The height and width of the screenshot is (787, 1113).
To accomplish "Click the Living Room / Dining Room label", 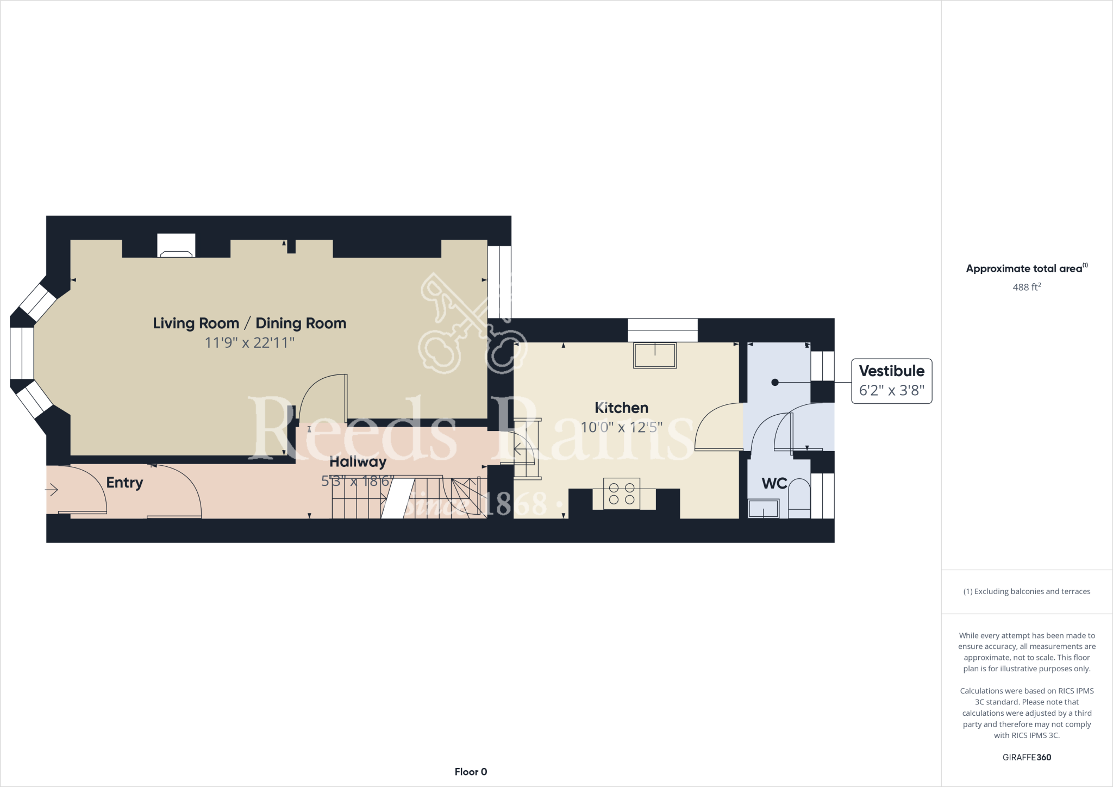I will click(x=249, y=323).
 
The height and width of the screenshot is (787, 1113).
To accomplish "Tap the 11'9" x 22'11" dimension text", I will click(x=249, y=343).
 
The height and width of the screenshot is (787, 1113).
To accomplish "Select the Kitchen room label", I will click(x=621, y=408).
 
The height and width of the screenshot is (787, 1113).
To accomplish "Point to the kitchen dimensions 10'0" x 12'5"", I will click(x=621, y=427).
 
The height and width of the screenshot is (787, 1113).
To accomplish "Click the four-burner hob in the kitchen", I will click(x=622, y=494).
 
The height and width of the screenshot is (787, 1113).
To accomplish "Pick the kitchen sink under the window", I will click(x=655, y=355).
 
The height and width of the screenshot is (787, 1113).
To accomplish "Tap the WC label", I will click(x=774, y=483).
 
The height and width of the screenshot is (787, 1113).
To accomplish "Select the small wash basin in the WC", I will click(x=764, y=509).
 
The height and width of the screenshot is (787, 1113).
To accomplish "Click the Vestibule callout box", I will click(x=891, y=381).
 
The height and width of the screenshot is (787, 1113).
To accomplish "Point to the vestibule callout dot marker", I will click(x=775, y=383).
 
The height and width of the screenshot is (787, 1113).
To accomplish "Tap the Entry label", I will click(x=124, y=483).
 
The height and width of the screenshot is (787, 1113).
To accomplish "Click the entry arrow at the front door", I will click(x=52, y=490).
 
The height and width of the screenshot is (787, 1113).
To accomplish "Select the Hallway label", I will click(x=358, y=462).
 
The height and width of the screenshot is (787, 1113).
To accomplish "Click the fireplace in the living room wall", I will click(x=176, y=246).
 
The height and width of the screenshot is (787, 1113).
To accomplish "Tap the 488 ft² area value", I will click(x=1026, y=287).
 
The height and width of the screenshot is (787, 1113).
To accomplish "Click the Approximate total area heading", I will click(x=1026, y=268).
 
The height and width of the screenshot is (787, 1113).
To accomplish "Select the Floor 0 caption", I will click(x=471, y=772).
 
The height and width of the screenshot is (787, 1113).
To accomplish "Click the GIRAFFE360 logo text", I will click(x=1027, y=757).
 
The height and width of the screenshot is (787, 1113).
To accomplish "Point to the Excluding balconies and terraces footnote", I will click(x=1027, y=591).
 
